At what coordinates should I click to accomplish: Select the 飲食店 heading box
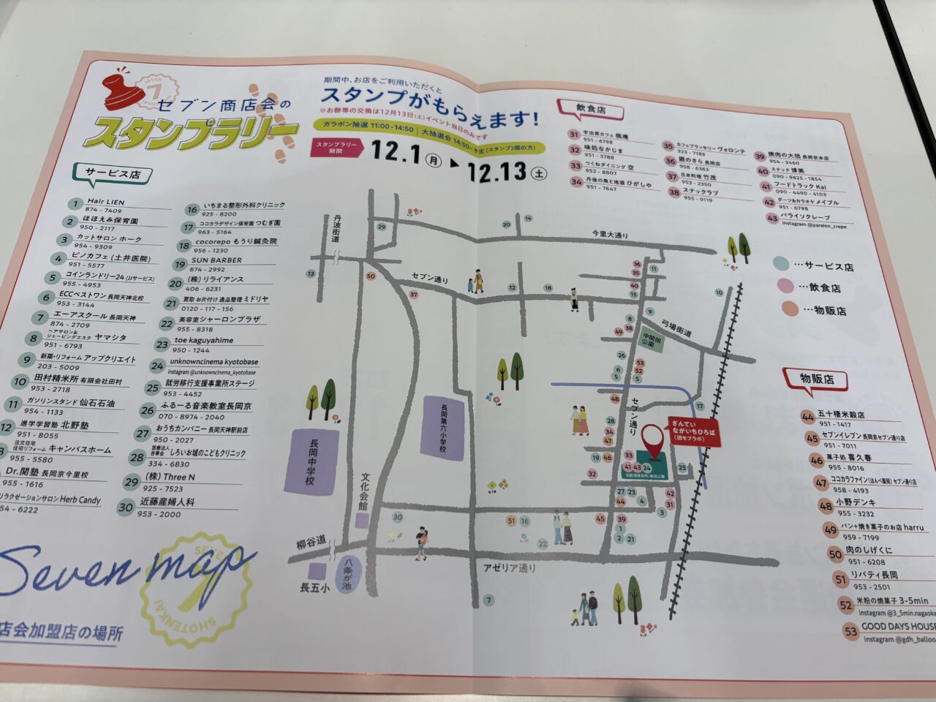pos(591,109)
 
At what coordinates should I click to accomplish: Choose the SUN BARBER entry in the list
pos(216,260)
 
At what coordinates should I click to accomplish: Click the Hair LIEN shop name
pos(106,201)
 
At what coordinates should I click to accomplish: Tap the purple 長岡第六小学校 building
pos(442,428)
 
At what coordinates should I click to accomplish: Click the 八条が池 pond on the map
pos(346,575)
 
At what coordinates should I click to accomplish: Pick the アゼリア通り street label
pos(509,567)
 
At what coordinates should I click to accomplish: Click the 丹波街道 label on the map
pos(336,229)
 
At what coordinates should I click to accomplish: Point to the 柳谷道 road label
pos(309,545)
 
